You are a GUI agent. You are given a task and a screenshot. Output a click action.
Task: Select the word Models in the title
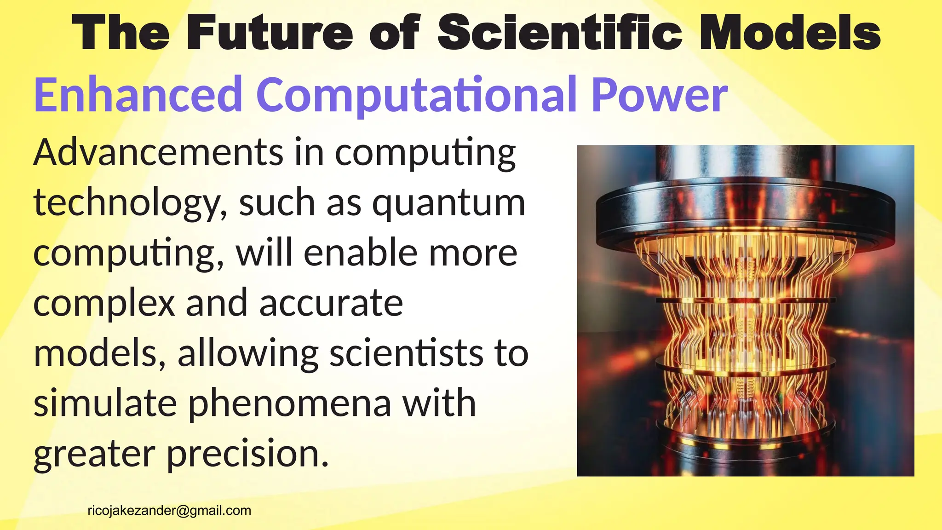[x=790, y=33]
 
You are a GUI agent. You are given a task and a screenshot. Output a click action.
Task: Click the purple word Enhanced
[x=138, y=95]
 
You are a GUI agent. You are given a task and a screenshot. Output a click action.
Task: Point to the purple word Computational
[x=416, y=95]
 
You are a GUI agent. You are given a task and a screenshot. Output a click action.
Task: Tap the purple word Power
[x=659, y=95]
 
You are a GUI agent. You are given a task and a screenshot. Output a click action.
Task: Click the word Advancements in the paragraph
[x=158, y=153]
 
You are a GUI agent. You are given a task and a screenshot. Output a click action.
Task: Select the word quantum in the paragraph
[x=448, y=203]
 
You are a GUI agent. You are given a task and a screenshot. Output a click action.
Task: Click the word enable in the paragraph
[x=360, y=253]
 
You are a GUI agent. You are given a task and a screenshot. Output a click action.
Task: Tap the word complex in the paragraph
[x=104, y=304]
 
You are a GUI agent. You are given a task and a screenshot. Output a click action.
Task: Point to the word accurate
[x=331, y=304]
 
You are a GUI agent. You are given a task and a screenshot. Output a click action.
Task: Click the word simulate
[x=105, y=403]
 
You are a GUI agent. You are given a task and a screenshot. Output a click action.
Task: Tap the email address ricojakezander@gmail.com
[x=169, y=511]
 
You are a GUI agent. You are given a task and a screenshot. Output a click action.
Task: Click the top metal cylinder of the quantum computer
[x=745, y=166]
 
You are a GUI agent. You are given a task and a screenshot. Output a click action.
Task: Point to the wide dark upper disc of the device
[x=745, y=216]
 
